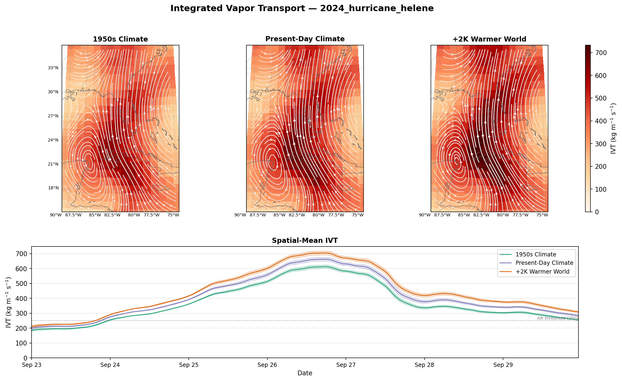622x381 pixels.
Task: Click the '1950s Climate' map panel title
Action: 120,39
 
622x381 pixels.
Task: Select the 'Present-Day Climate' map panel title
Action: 305,39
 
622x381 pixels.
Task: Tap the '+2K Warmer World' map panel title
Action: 489,39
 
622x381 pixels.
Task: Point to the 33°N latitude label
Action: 53,68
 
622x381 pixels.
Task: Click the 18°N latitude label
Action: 53,188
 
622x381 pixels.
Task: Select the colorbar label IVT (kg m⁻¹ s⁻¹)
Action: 614,129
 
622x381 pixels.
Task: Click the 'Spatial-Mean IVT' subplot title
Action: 305,240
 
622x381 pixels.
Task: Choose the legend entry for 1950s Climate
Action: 536,254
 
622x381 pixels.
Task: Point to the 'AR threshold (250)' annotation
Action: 557,318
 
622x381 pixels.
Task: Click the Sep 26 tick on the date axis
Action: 267,365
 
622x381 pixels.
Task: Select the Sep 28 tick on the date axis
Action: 424,365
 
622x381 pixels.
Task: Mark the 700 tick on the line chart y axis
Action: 23,254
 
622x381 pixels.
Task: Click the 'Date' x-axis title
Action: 305,373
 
